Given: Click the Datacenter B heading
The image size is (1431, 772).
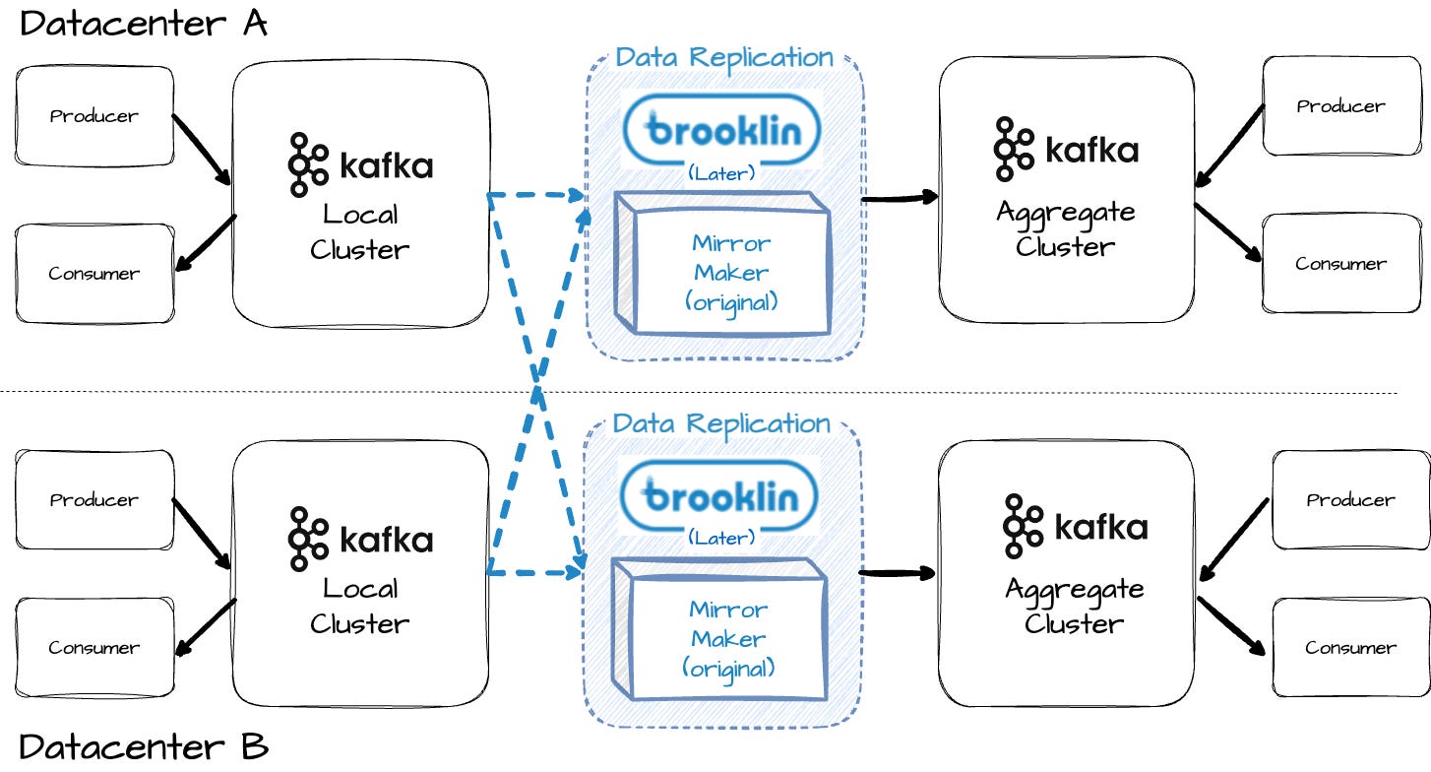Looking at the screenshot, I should click(x=143, y=746).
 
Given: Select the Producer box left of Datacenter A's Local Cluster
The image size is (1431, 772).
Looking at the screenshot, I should click(x=94, y=116).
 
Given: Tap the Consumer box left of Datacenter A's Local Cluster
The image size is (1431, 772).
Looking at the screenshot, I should click(x=94, y=273).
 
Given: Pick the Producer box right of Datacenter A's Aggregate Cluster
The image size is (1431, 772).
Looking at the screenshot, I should click(x=1340, y=106).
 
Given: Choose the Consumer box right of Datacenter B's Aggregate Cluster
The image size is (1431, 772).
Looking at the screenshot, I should click(x=1350, y=647).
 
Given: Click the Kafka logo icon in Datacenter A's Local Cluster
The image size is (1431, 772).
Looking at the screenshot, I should click(x=308, y=163).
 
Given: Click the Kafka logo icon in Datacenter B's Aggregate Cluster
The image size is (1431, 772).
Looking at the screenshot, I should click(x=1024, y=527).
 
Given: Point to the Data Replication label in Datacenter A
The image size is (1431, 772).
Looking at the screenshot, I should click(x=724, y=56).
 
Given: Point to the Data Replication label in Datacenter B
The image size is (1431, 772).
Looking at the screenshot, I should click(x=721, y=423).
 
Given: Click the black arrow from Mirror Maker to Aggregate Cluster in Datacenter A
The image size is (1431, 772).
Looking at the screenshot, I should click(x=899, y=199).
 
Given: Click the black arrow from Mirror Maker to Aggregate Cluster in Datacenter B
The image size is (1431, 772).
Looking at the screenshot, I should click(x=897, y=572).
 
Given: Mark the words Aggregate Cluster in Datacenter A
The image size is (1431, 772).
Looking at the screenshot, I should click(x=1065, y=228).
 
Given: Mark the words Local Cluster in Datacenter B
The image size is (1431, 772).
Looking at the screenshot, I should click(x=359, y=606).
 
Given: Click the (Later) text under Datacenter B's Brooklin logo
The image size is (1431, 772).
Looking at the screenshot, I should click(x=721, y=538).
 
